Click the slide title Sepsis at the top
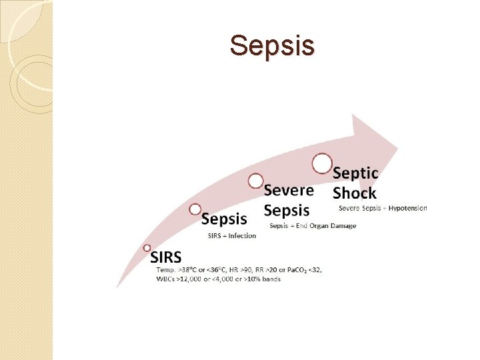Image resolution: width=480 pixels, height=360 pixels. tap(271, 46)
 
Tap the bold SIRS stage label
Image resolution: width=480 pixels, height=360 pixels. tap(166, 257)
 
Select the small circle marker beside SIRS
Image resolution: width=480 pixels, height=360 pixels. tap(147, 247)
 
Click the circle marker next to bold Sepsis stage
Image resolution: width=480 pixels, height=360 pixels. tap(195, 209)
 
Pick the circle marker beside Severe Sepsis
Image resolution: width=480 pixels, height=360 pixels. tap(255, 181)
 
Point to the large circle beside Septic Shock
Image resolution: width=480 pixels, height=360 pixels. tap(322, 163)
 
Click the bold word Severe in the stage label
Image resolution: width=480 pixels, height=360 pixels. tap(289, 189)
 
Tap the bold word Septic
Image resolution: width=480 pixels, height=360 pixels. tap(355, 173)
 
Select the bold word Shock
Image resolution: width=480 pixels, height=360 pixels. tap(354, 193)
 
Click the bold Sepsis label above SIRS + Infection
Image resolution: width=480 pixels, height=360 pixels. tap(224, 219)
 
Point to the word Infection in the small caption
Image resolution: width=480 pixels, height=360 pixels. tap(243, 236)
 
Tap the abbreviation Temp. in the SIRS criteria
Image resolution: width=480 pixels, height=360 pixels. tap(165, 269)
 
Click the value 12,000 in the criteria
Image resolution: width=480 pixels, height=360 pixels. tap(195, 279)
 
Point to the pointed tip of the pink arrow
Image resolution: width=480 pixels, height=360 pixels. tap(397, 145)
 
